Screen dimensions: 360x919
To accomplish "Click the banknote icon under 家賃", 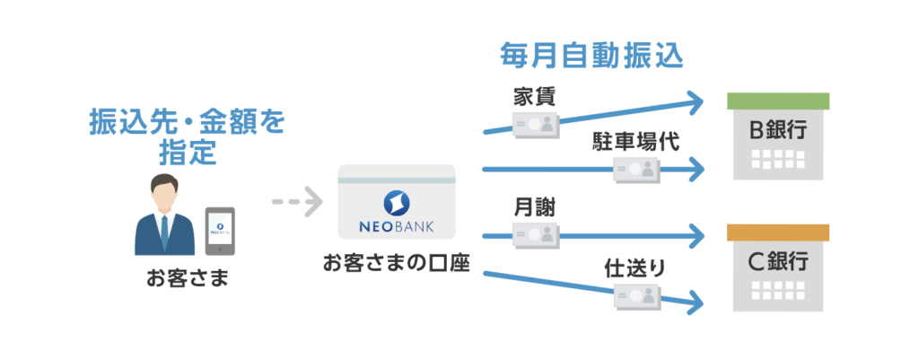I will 535,124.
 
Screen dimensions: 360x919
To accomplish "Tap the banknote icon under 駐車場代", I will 637,169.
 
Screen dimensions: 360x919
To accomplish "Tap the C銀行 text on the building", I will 778,263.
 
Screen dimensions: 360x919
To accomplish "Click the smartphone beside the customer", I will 220,232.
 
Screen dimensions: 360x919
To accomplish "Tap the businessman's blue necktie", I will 164,231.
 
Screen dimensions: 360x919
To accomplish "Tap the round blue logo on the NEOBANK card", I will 396,200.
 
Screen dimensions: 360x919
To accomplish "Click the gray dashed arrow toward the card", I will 296,201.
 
